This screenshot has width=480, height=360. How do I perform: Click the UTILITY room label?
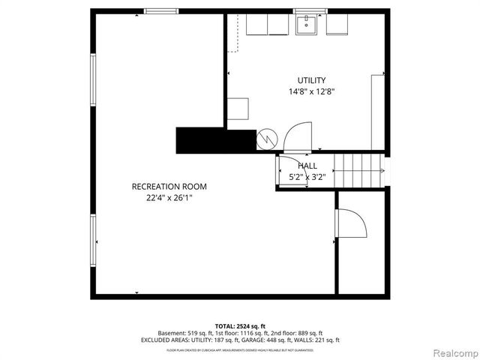tap(311, 80)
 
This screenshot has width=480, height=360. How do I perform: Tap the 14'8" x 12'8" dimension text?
tap(311, 91)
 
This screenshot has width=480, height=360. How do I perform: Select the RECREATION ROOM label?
tap(169, 187)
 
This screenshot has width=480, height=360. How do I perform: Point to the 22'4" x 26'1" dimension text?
tap(169, 199)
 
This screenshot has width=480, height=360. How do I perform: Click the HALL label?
tap(307, 166)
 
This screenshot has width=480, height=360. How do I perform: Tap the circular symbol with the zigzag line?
tap(266, 139)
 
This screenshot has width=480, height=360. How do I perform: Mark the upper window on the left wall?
tap(93, 81)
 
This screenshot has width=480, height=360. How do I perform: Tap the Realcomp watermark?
tap(453, 352)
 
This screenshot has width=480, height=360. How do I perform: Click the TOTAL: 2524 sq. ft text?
tap(240, 326)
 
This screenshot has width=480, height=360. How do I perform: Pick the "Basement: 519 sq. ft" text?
tap(184, 333)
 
